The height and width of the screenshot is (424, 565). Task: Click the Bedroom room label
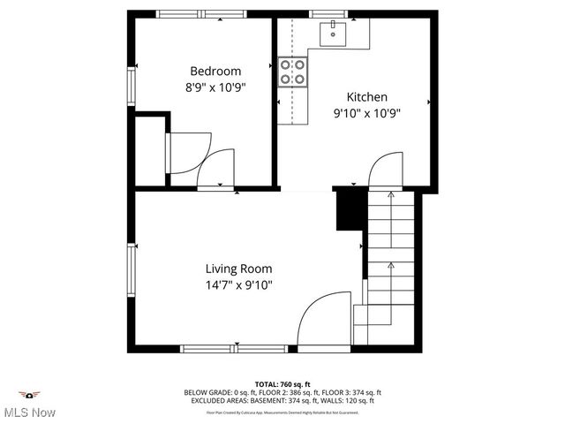[x=215, y=71]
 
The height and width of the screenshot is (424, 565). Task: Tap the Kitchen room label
[x=366, y=97]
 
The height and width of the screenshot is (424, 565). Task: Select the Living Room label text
[x=238, y=269]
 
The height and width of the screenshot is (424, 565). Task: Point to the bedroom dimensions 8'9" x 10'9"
[x=215, y=87]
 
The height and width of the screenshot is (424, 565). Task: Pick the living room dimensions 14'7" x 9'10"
[x=238, y=284]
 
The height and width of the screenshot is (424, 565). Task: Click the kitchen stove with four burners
[x=292, y=72]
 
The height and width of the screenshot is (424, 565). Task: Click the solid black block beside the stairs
[x=350, y=210]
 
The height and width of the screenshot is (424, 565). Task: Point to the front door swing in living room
[x=323, y=320]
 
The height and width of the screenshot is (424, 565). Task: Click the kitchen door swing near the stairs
[x=385, y=169]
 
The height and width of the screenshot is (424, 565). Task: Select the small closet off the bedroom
[x=150, y=150]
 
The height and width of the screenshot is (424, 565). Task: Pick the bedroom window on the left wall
[x=132, y=86]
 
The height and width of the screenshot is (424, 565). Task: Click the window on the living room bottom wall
[x=234, y=349]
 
